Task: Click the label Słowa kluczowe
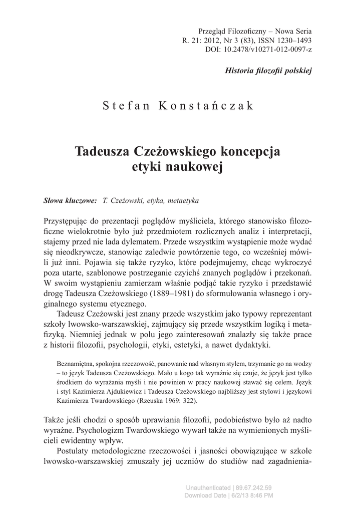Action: tap(70, 200)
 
